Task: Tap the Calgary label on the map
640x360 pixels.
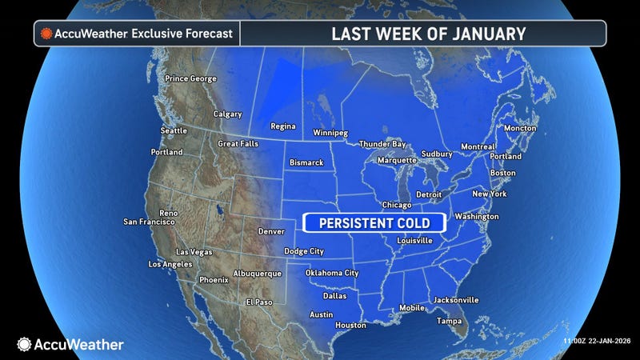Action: click(228, 114)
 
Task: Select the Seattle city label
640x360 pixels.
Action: click(174, 130)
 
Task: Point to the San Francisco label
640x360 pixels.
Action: click(149, 222)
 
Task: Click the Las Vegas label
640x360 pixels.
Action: click(194, 252)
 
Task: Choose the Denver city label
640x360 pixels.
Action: click(272, 231)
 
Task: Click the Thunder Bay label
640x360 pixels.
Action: click(382, 144)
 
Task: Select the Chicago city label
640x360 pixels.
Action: click(396, 205)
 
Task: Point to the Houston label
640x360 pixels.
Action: click(350, 325)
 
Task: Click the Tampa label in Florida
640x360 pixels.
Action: click(449, 321)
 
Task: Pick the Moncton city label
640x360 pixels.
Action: click(520, 128)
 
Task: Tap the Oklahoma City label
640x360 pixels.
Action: click(331, 273)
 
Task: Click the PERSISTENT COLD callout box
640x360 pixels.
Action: click(373, 222)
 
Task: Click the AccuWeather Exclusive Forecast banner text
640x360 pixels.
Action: click(144, 34)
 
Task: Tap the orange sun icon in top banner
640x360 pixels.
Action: click(46, 34)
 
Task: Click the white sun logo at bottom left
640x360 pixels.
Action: click(24, 344)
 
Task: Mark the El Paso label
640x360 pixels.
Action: click(259, 302)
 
